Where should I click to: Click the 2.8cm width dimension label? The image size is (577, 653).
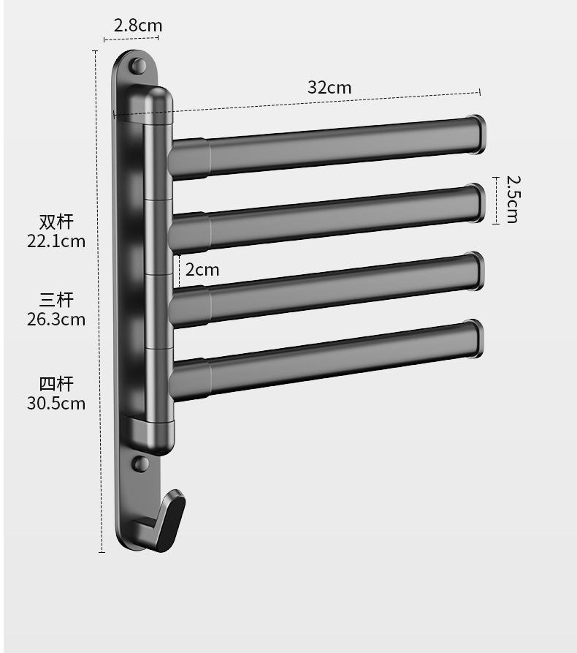point(138,26)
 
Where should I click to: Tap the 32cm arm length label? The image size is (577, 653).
point(329,88)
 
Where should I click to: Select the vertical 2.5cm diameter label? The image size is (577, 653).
point(513,200)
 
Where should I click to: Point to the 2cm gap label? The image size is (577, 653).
point(202,270)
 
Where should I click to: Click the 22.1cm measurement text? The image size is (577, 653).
point(56,241)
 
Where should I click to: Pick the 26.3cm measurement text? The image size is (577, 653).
point(56,320)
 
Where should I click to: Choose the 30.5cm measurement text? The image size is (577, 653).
point(56,404)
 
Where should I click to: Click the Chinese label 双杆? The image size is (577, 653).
point(56,222)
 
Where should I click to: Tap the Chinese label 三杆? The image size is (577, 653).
point(56,300)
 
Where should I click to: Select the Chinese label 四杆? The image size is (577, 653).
point(56,384)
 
